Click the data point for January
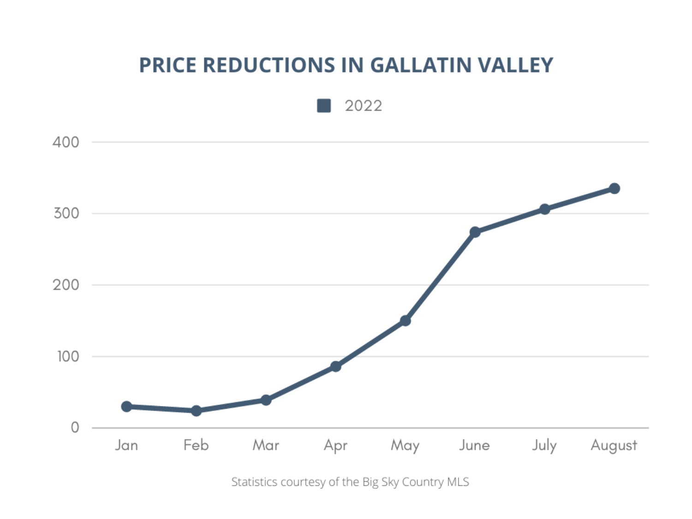point(126,406)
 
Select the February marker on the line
point(196,411)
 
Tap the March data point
point(266,400)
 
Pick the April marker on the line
point(335,367)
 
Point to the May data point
point(405,321)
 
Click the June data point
point(475,232)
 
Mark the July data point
point(544,209)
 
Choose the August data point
point(614,188)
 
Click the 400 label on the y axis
point(66,142)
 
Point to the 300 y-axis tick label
point(66,213)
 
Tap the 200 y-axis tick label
point(66,285)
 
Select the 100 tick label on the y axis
point(68,356)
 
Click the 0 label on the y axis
point(75,428)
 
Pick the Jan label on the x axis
point(126,445)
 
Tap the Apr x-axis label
point(335,446)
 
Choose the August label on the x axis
point(614,446)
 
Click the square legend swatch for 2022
point(324,106)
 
